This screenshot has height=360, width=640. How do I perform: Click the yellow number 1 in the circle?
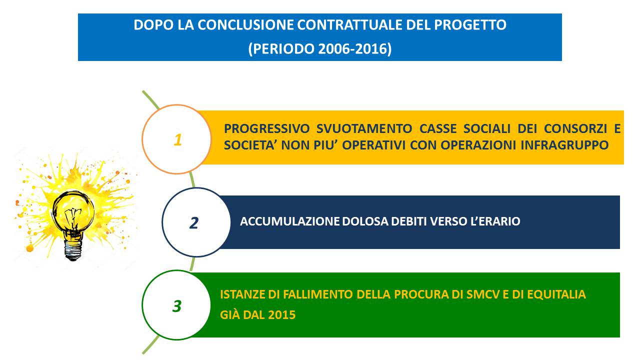tap(177, 140)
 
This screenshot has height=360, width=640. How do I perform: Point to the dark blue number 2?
tap(193, 223)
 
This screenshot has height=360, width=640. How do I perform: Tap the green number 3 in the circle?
tap(177, 306)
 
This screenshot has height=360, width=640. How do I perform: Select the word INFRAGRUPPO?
tap(564, 145)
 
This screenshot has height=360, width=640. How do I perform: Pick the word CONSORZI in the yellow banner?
tap(575, 128)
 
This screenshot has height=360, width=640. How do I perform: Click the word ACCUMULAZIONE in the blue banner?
tap(289, 221)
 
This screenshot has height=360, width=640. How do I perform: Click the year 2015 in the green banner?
tap(281, 315)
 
